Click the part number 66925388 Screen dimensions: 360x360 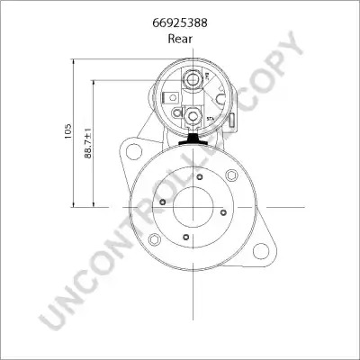click(180, 22)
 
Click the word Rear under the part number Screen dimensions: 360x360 click(180, 39)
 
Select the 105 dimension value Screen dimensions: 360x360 click(68, 130)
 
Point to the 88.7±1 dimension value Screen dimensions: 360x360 click(88, 143)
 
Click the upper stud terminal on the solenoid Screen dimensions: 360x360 click(192, 79)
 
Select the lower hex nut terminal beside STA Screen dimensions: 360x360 click(192, 116)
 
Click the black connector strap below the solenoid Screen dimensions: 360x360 click(193, 139)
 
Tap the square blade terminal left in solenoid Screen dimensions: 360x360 click(171, 97)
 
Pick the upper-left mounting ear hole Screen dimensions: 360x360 click(134, 151)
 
